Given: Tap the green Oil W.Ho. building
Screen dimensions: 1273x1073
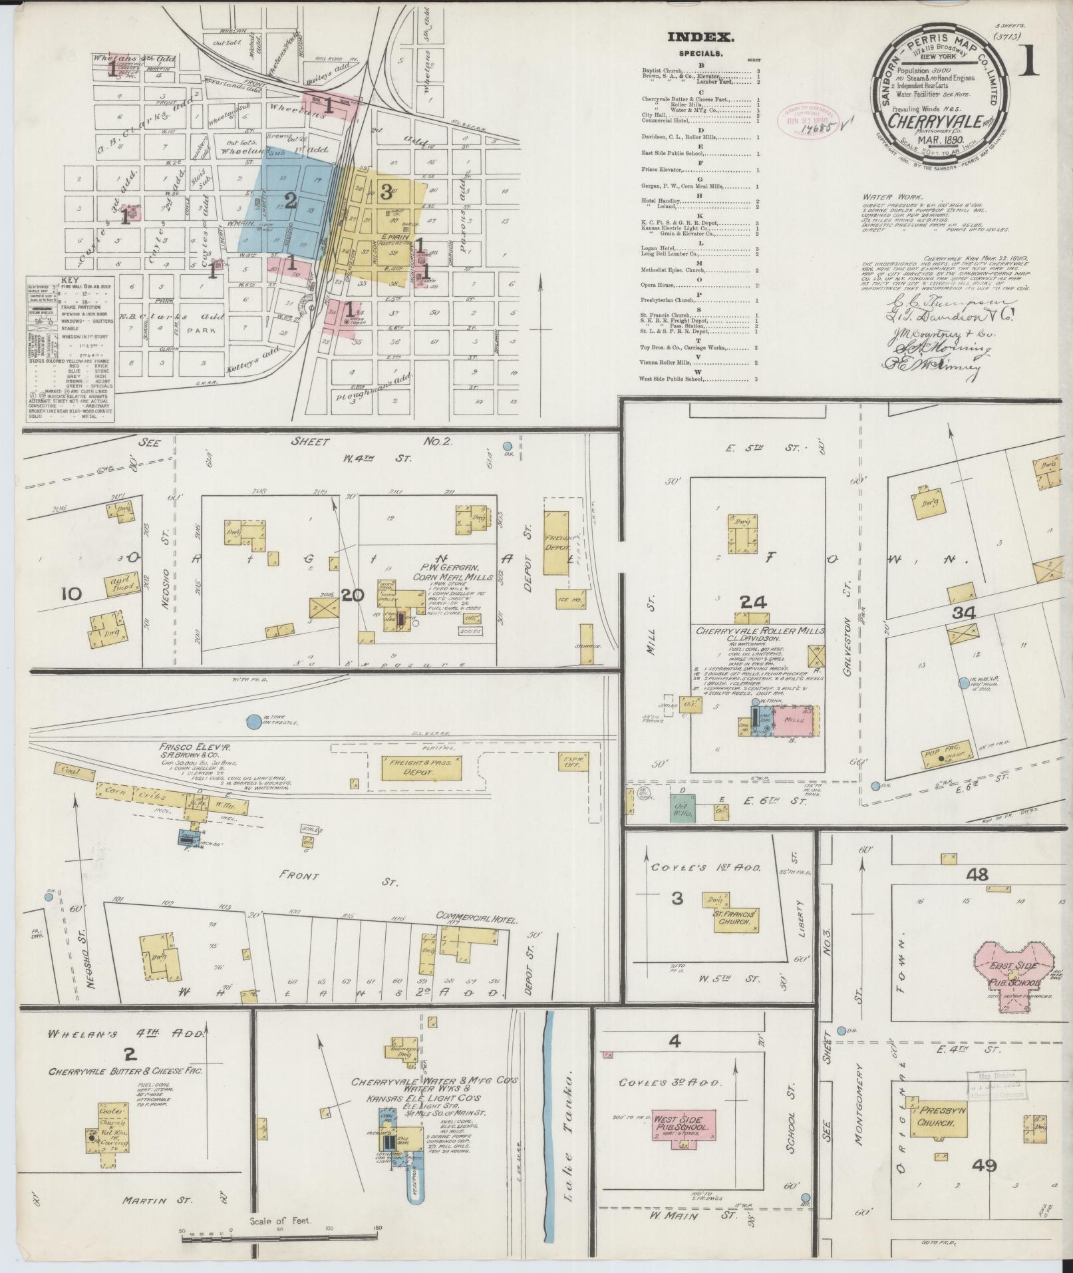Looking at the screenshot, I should [683, 809].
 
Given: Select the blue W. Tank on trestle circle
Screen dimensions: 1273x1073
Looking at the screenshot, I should [253, 721].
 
